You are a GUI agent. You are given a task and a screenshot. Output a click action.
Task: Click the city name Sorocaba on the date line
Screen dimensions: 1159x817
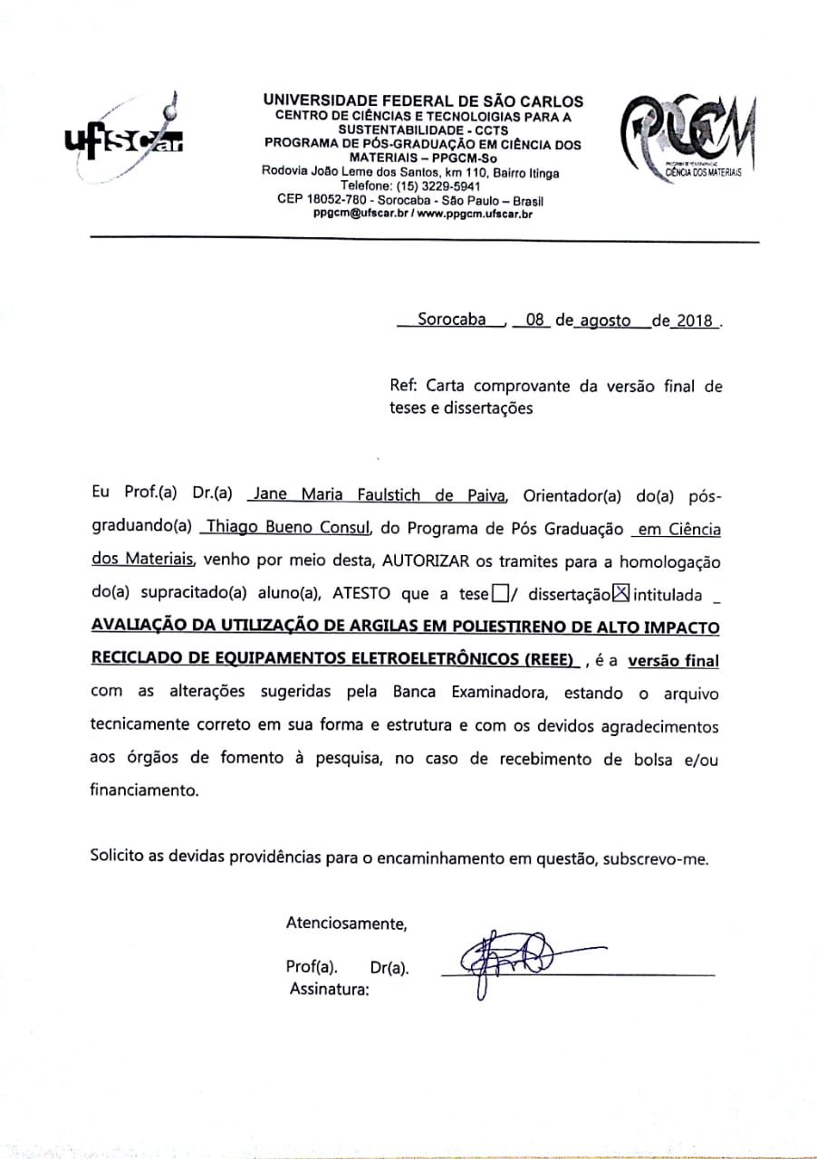[451, 320]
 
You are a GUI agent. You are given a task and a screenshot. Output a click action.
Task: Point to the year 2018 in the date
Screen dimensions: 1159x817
[694, 321]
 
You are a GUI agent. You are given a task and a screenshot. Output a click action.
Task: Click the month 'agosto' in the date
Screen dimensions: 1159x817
[605, 321]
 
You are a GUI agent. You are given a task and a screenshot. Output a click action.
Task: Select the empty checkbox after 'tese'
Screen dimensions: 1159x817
[500, 594]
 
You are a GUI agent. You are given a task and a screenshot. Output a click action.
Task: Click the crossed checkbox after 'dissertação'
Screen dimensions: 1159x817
[620, 594]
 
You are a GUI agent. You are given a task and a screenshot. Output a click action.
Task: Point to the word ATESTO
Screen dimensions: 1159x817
[365, 595]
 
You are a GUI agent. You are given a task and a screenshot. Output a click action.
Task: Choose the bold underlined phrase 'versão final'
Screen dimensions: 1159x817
[673, 661]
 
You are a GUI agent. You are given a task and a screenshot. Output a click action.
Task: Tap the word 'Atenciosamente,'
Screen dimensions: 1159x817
[346, 924]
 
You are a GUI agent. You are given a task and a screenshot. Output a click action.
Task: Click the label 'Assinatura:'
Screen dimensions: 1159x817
[330, 990]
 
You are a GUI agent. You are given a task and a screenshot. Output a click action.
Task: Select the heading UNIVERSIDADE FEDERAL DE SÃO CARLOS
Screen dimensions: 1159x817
[423, 101]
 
